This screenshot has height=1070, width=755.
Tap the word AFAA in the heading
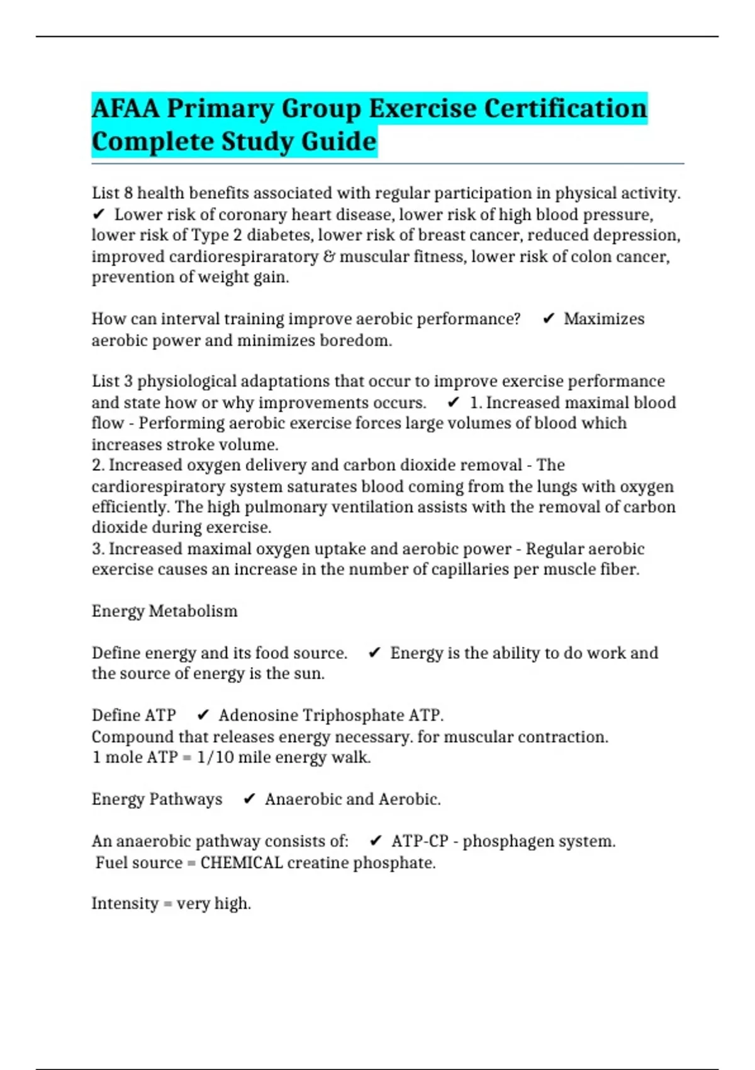click(x=125, y=108)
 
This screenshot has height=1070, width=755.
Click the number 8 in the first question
click(x=128, y=193)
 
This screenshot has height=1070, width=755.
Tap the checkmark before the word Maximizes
click(x=549, y=319)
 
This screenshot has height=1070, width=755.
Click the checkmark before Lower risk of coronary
click(x=99, y=215)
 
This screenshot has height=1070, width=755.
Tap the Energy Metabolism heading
click(x=165, y=611)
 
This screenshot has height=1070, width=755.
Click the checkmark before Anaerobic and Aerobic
click(x=250, y=799)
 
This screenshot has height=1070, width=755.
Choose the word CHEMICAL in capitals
click(x=242, y=862)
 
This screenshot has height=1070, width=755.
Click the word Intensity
click(x=125, y=904)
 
